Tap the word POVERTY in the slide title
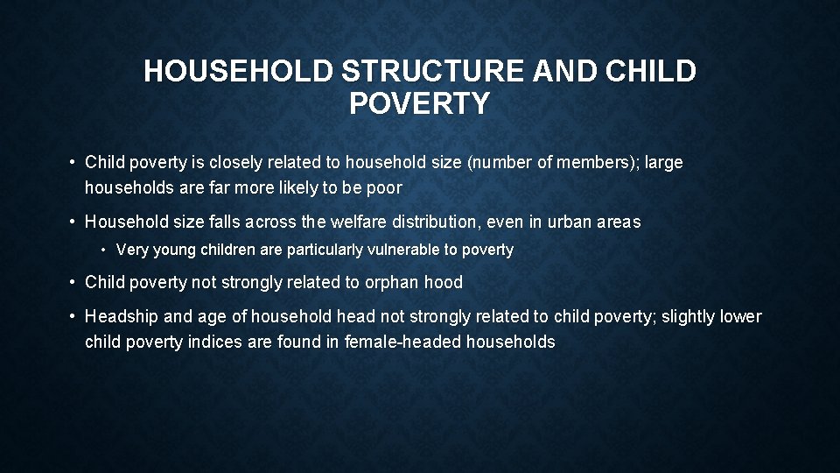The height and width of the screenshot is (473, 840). tap(419, 104)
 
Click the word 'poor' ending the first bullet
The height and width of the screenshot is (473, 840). tap(386, 187)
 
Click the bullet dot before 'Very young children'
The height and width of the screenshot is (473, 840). tap(104, 251)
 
